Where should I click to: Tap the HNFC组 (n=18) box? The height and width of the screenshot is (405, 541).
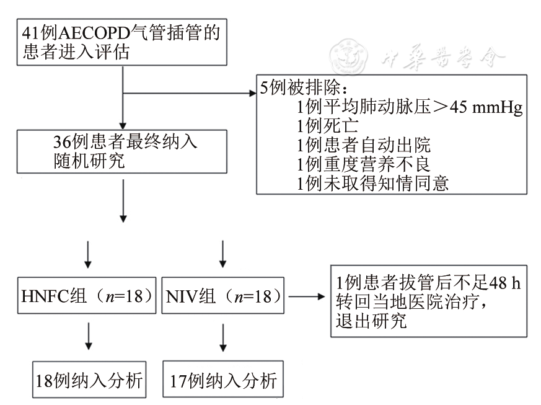(86, 296)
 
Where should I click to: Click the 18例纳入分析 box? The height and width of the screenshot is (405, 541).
(89, 379)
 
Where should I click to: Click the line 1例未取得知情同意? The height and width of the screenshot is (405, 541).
(372, 184)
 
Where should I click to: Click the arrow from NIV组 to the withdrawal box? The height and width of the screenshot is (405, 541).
(307, 296)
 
